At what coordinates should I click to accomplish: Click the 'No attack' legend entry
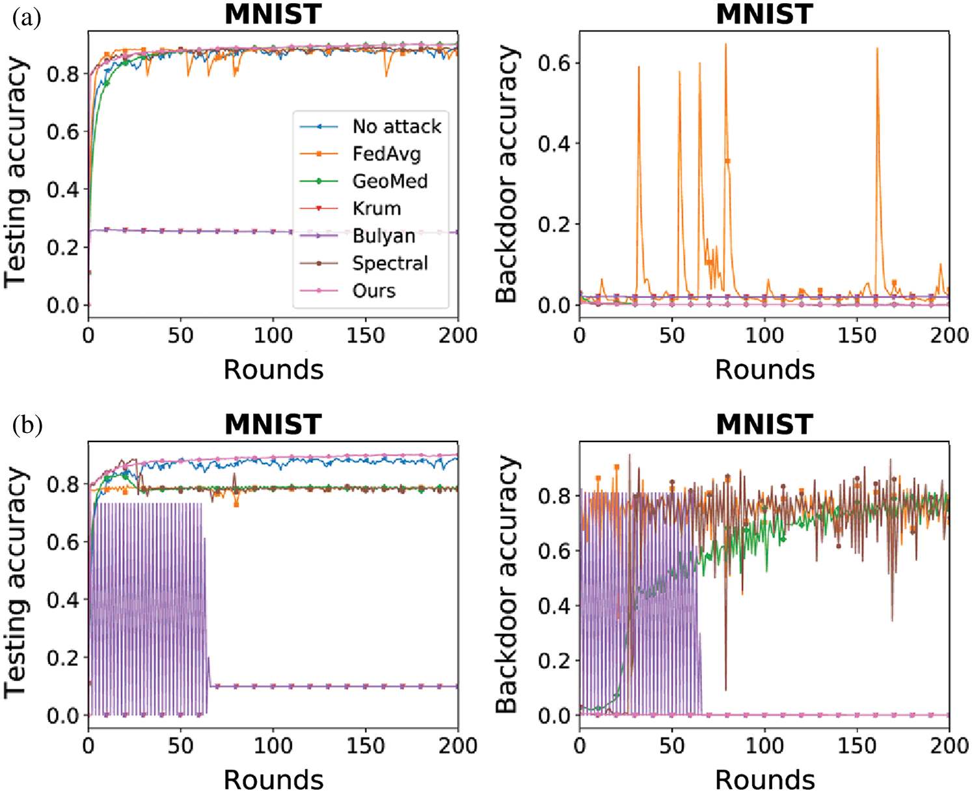pyautogui.click(x=396, y=126)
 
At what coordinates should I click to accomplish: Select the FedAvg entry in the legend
pyautogui.click(x=386, y=153)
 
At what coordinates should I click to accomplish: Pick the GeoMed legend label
pyautogui.click(x=390, y=181)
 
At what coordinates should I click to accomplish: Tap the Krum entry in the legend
pyautogui.click(x=377, y=208)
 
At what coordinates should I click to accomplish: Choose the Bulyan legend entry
pyautogui.click(x=383, y=235)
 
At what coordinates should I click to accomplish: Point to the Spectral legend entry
pyautogui.click(x=390, y=263)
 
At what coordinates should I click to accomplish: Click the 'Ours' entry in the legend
pyautogui.click(x=373, y=291)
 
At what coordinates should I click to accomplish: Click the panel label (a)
pyautogui.click(x=27, y=18)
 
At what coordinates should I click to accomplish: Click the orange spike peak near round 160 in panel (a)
pyautogui.click(x=877, y=49)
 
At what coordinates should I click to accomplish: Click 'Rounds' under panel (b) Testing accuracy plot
pyautogui.click(x=273, y=779)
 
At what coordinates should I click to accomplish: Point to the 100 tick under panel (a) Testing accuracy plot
pyautogui.click(x=273, y=335)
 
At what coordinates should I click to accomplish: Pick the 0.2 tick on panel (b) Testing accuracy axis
pyautogui.click(x=62, y=658)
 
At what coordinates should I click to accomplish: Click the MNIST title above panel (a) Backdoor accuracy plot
pyautogui.click(x=764, y=14)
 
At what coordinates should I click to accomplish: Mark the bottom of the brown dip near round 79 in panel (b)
pyautogui.click(x=725, y=690)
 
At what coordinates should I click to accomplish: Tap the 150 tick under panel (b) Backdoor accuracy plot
pyautogui.click(x=857, y=746)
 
